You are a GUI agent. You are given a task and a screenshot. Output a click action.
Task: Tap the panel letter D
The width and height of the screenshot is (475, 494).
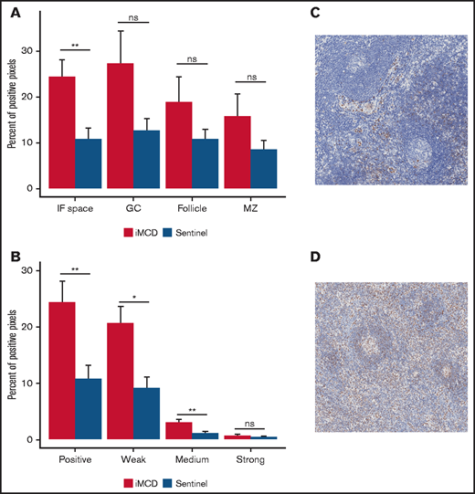[x=315, y=258]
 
